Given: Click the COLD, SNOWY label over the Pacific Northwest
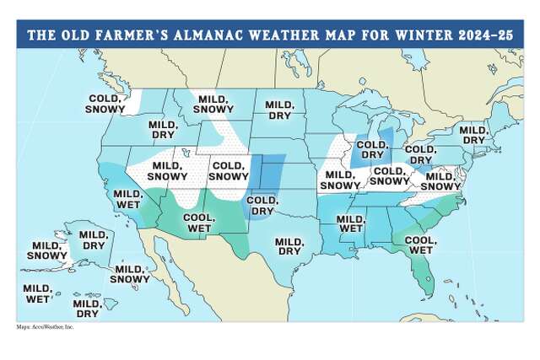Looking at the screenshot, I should click(x=107, y=104).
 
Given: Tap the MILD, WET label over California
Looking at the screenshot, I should click(x=129, y=199).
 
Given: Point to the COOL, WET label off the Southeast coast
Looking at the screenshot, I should click(x=418, y=244).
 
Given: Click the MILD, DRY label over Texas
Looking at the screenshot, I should click(x=289, y=245).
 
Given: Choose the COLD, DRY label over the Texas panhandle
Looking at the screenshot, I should click(x=262, y=204).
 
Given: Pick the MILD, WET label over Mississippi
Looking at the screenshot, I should click(x=350, y=223).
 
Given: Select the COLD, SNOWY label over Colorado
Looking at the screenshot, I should click(x=228, y=171).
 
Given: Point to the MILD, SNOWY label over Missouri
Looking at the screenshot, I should click(x=340, y=180).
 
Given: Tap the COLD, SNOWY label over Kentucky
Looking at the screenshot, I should click(x=388, y=176).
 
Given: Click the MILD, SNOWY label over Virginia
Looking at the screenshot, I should click(x=440, y=180).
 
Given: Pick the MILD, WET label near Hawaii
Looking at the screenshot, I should click(x=37, y=293).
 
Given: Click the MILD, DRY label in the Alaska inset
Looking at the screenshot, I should click(x=93, y=239).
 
